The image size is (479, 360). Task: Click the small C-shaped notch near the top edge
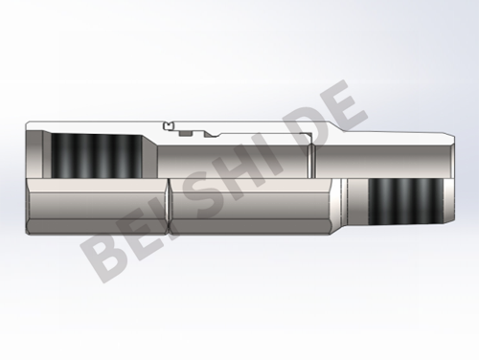[x=168, y=125]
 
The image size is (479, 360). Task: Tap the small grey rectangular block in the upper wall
[x=185, y=133]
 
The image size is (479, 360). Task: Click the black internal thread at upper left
[x=97, y=156]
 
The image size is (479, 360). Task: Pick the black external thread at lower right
[x=405, y=201]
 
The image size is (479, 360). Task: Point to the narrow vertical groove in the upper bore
[x=312, y=161]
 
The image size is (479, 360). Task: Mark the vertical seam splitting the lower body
[x=169, y=207]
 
